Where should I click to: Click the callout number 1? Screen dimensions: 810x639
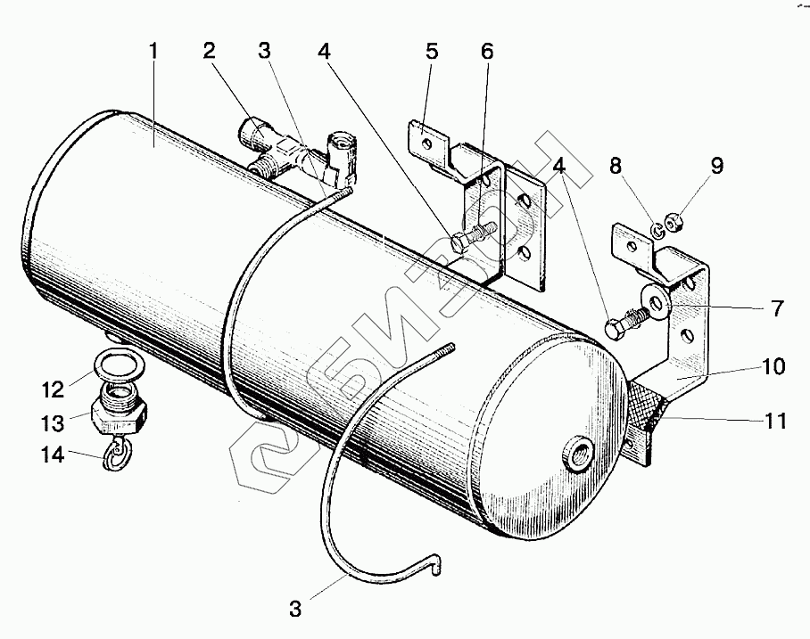[153, 51]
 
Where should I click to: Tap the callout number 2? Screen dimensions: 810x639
[209, 51]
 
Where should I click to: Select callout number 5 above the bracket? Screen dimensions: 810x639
[432, 51]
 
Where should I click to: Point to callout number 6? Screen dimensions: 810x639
[486, 51]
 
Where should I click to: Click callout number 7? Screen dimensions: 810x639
[777, 309]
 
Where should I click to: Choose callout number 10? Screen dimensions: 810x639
[774, 367]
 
